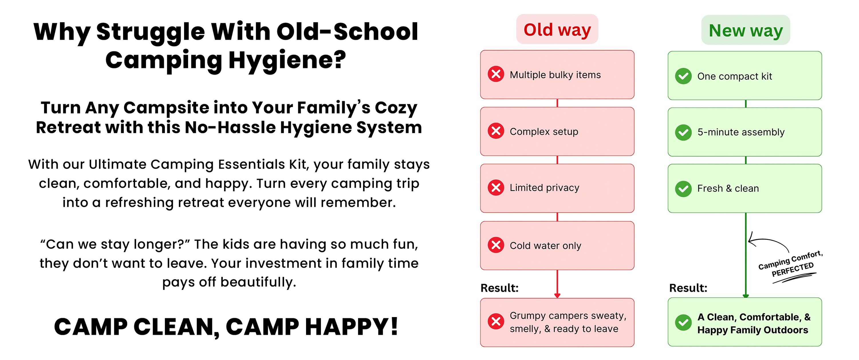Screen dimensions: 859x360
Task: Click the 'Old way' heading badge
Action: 557,29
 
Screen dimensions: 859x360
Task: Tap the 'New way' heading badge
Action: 746,30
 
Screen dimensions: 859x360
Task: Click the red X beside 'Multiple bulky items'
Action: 496,74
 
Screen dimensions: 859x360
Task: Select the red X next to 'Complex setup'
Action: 496,131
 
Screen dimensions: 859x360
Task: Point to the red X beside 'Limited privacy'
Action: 496,188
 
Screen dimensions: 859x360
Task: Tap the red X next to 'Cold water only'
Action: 496,245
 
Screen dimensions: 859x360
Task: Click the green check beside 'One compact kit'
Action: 683,76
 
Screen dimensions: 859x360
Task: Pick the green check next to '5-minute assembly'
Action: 683,132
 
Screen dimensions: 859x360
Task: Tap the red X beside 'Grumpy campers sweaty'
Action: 496,321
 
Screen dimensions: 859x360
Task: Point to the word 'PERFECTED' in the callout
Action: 793,269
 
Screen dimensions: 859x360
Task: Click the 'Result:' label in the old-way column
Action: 499,288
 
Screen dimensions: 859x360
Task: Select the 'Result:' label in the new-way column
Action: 688,288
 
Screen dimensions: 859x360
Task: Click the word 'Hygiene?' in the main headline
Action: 287,60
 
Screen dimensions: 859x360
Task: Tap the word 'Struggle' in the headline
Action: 150,32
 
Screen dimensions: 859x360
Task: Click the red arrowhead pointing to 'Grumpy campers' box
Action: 557,295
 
